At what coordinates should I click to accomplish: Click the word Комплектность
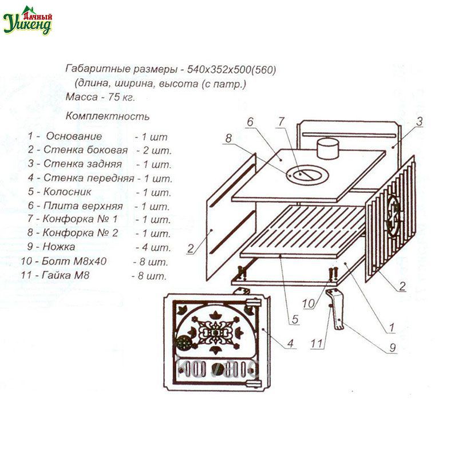pos(108,116)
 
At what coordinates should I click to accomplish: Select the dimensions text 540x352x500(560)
pos(231,70)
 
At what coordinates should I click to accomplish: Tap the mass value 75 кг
pos(121,97)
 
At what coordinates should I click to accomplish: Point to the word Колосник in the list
pos(67,192)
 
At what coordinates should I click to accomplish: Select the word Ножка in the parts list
pos(59,247)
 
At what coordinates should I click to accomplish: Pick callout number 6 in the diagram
pos(250,122)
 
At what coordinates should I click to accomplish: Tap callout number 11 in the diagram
pos(317,343)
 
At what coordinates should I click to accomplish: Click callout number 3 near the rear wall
pos(420,121)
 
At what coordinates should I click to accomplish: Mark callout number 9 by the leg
pos(393,348)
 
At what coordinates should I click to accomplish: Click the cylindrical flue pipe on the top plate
pos(327,148)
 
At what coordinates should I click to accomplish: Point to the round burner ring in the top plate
pos(307,175)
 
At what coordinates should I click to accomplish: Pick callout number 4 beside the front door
pos(290,343)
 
